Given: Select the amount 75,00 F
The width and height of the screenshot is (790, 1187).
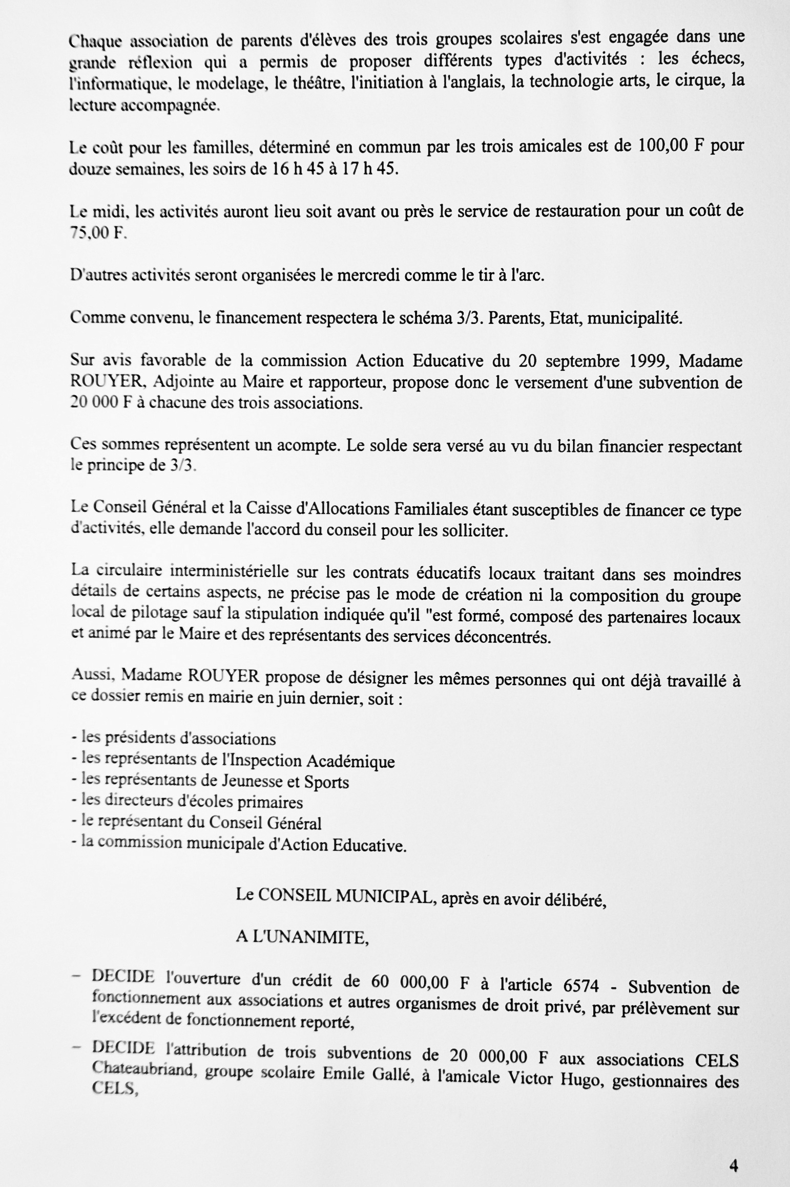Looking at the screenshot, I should point(98,233).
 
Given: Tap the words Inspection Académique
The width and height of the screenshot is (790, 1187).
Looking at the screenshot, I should point(313,761).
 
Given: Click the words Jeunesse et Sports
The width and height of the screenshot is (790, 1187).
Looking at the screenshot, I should point(285,782).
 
